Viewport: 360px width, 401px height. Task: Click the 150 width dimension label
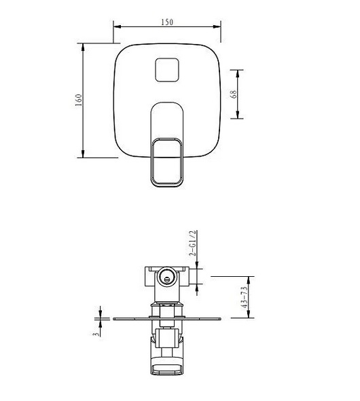tap(167, 22)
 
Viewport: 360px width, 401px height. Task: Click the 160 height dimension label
tap(79, 100)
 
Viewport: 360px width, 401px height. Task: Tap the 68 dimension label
tap(234, 94)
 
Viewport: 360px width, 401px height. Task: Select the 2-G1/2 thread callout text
tap(192, 243)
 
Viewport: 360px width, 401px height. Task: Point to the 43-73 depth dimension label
tap(245, 297)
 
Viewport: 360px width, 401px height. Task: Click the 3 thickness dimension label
tap(96, 334)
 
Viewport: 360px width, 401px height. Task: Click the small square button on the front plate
tap(167, 70)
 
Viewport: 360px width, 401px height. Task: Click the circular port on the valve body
tap(166, 277)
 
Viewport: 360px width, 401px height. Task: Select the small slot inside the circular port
tap(167, 280)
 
